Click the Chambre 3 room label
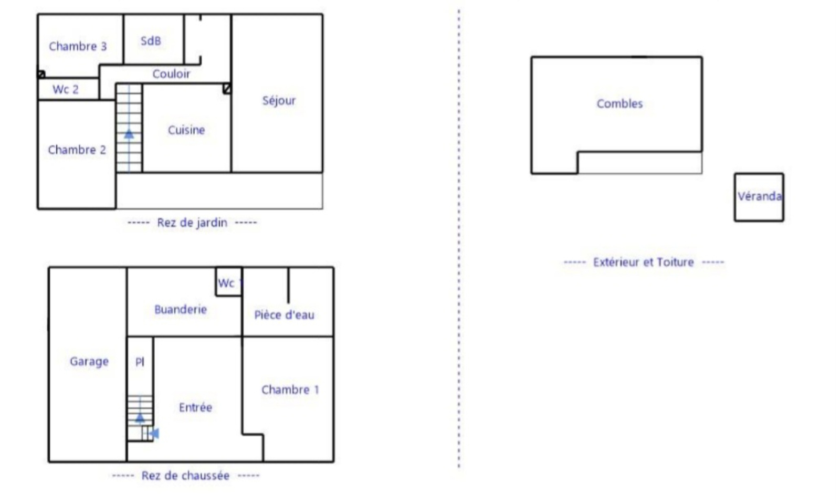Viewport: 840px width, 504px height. [78, 46]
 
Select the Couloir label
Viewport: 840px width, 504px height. [171, 74]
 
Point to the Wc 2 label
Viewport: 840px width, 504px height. [66, 89]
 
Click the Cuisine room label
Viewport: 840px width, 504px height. [186, 130]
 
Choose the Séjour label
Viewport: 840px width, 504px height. [279, 100]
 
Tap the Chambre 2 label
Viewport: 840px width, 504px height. [77, 150]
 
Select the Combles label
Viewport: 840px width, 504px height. [619, 103]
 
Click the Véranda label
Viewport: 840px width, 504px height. [760, 196]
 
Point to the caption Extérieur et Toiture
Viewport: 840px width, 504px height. [644, 262]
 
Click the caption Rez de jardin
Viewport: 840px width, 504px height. [192, 223]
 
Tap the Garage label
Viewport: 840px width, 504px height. [89, 361]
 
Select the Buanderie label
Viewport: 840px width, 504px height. [181, 309]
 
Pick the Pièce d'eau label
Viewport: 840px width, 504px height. [284, 314]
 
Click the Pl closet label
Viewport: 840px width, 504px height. [140, 362]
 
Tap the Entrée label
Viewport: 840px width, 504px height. [195, 407]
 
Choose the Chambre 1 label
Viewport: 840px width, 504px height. [290, 390]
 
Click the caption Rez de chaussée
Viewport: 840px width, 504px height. [185, 476]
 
